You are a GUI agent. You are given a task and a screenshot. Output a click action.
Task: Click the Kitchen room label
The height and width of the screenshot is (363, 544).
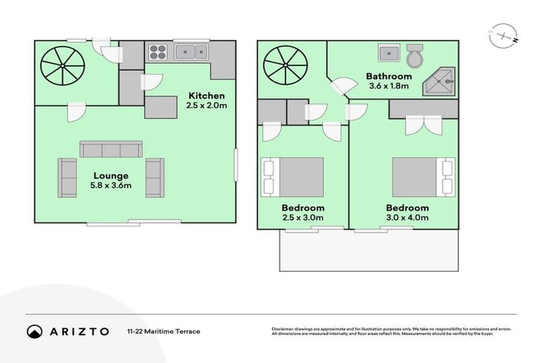click(x=206, y=96)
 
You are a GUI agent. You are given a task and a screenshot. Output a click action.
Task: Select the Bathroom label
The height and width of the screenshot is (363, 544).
click(x=388, y=77)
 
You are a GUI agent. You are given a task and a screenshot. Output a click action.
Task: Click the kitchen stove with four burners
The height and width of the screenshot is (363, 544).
click(x=157, y=51)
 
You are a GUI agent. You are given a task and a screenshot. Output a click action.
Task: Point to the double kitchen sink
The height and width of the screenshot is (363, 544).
click(x=191, y=51)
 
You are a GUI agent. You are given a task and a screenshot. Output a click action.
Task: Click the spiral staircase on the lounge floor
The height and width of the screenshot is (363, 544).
click(x=62, y=67)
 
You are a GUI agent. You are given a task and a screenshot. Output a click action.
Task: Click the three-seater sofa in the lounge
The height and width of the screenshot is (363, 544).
click(x=110, y=150)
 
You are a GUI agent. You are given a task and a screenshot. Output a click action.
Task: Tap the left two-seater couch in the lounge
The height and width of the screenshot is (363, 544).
click(x=68, y=177)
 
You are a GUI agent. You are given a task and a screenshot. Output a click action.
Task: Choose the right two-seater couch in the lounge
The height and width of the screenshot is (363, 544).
click(x=154, y=177)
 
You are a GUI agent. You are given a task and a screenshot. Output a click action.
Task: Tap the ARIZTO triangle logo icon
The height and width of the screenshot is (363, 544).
click(x=35, y=331)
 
